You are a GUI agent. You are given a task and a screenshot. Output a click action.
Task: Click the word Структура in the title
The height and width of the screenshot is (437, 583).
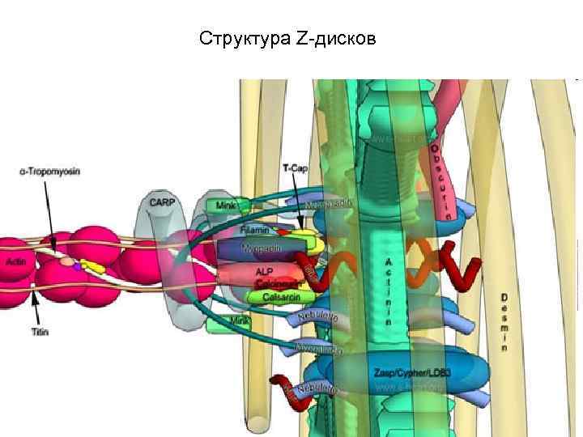[236, 38]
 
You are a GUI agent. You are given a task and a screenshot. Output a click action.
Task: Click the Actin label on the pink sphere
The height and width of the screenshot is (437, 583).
[17, 261]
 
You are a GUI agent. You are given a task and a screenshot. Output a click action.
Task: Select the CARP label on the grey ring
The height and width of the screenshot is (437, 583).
[160, 200]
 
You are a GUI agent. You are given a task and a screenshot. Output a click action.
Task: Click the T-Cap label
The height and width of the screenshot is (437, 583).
[295, 168]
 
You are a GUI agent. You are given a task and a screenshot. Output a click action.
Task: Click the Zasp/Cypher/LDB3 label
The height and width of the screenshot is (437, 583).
[412, 372]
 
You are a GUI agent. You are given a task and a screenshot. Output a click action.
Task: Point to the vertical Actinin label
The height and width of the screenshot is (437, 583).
[389, 291]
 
